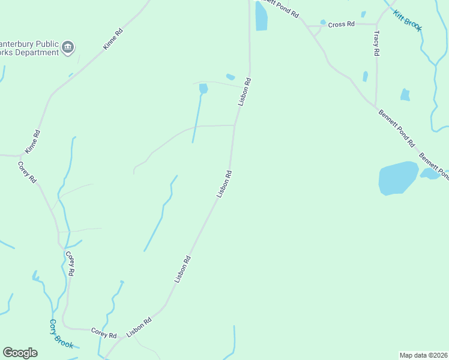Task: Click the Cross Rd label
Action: tap(342, 25)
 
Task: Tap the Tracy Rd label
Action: tap(376, 44)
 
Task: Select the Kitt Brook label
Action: tap(408, 21)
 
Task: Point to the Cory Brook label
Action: tap(61, 334)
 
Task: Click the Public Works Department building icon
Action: tap(68, 47)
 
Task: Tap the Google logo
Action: tap(20, 353)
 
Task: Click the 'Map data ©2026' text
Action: tap(424, 355)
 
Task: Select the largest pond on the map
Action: tap(398, 178)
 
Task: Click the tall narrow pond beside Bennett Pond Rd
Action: tap(261, 16)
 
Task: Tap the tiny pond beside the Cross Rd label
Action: tap(323, 23)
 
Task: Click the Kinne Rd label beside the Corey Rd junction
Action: tap(32, 142)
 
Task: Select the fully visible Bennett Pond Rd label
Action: tap(396, 128)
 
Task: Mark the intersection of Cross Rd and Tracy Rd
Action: tap(376, 25)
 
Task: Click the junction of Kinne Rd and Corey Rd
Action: tap(21, 155)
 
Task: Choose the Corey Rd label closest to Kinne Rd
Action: tap(28, 172)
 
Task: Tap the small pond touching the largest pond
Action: tap(429, 173)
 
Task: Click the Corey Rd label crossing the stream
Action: tap(70, 263)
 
